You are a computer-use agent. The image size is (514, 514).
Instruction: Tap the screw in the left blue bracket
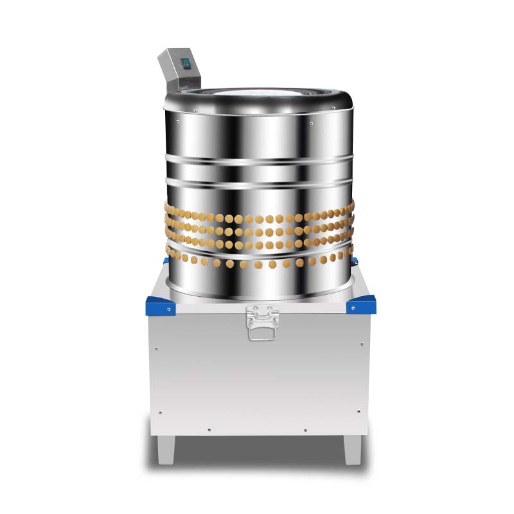168,309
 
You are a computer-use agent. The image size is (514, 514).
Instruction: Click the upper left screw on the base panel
156,348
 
